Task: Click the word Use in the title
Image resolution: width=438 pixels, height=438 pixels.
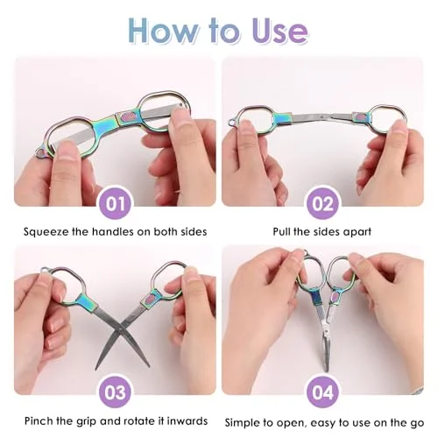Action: [x=280, y=31]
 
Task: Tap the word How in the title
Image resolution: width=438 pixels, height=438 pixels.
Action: [x=164, y=31]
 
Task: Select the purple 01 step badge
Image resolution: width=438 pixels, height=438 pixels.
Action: [x=115, y=203]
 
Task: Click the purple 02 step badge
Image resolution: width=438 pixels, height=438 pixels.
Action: [x=322, y=203]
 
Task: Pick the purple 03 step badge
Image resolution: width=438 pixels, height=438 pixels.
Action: [x=115, y=392]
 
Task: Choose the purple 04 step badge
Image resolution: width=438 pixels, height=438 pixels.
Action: [x=322, y=392]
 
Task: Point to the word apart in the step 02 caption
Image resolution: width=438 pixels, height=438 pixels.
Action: [x=357, y=232]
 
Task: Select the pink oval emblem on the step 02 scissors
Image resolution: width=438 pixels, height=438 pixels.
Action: [x=359, y=117]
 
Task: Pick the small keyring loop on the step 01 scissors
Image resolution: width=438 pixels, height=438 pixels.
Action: [x=40, y=152]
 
